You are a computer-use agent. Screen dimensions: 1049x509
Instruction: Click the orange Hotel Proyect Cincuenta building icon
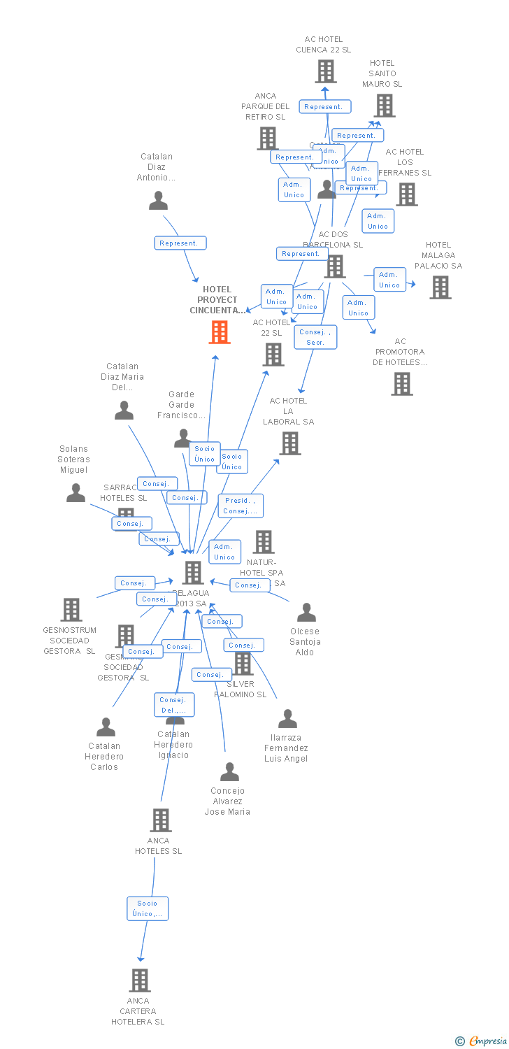tap(220, 332)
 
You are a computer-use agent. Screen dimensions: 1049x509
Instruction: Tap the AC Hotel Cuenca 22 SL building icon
tap(325, 71)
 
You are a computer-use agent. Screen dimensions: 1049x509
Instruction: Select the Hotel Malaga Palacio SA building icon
tap(440, 287)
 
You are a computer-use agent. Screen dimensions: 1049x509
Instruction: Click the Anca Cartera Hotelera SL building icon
tap(140, 980)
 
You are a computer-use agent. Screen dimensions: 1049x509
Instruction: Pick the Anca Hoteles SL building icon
tap(161, 820)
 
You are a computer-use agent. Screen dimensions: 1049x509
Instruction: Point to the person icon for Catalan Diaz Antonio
tap(159, 201)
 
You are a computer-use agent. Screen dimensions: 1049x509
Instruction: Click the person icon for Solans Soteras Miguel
tap(76, 493)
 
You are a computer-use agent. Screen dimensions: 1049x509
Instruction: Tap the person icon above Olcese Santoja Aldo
tap(306, 613)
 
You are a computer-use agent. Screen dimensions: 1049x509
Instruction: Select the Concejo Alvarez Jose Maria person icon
tap(229, 772)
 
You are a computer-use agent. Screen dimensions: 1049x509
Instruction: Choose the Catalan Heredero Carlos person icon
tap(106, 727)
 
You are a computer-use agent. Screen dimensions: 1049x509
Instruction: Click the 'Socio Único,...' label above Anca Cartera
tap(148, 908)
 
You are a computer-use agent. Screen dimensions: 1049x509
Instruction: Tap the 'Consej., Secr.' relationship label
tap(315, 337)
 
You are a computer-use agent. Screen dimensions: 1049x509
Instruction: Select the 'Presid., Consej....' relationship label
tap(241, 506)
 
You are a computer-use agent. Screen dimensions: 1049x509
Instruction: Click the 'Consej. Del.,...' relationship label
tap(173, 705)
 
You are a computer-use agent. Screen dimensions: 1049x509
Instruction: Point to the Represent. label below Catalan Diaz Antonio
tap(180, 243)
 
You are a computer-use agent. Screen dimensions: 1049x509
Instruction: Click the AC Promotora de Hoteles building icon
tap(402, 383)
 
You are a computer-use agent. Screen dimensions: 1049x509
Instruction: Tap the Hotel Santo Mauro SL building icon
tap(384, 106)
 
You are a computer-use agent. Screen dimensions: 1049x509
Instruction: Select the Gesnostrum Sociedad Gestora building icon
tap(71, 610)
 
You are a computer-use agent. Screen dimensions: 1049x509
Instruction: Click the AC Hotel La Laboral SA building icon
tap(290, 443)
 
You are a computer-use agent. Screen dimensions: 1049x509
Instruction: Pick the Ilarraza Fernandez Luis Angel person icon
tap(287, 719)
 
